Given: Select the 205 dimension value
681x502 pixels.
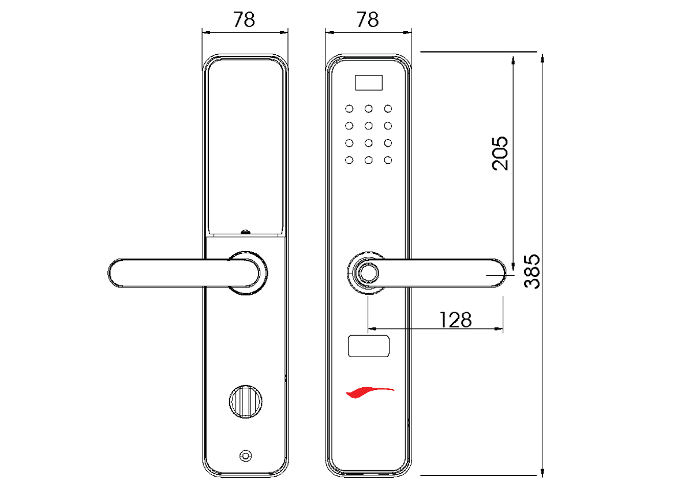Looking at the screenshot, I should coord(500,153).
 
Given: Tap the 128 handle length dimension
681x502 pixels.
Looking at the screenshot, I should coord(455,319).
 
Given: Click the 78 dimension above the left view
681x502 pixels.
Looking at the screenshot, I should coord(244,20).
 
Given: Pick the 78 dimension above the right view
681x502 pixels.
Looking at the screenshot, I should coord(368,20).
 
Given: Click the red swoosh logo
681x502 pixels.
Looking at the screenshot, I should coord(369,392).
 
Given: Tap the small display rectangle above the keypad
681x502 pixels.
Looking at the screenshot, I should coord(369,83).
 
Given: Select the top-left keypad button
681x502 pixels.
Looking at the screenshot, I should coord(349,108).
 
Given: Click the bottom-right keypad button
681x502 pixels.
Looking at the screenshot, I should coord(388,160).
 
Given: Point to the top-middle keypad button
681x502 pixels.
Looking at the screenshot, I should coord(368,108).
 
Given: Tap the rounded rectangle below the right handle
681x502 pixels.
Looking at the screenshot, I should coord(369,346).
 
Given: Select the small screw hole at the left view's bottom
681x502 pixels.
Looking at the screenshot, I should coord(246,456).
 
